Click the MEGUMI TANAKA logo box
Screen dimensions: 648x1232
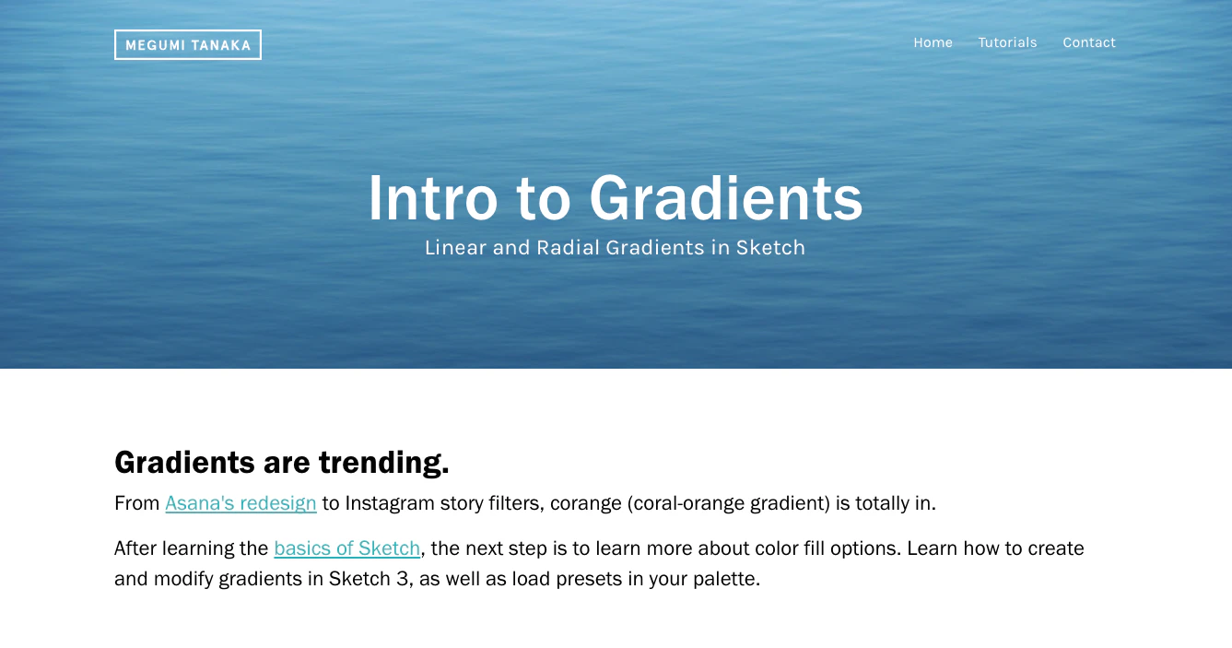(x=188, y=44)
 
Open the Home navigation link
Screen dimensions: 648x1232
(x=933, y=42)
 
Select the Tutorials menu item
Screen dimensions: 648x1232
(x=1007, y=42)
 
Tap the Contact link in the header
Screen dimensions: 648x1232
(x=1089, y=42)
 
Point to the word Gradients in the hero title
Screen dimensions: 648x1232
(x=725, y=198)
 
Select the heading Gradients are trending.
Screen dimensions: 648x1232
(x=282, y=462)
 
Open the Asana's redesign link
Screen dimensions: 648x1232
(x=241, y=503)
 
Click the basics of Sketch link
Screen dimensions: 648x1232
(x=346, y=548)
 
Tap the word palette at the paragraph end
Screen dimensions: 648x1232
(x=727, y=579)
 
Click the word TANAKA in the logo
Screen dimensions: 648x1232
(x=222, y=45)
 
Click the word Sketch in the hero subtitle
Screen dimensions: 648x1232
(x=770, y=248)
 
